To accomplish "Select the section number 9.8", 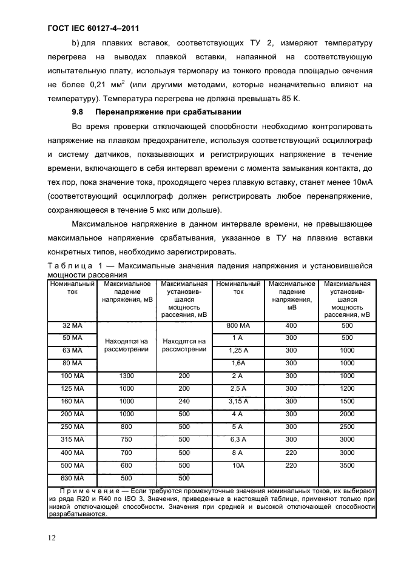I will pos(76,113).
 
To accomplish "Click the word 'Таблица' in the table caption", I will pos(66,266).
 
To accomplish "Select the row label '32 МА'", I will pos(72,325).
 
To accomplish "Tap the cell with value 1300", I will pos(127,376).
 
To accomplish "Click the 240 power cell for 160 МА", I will pos(184,401).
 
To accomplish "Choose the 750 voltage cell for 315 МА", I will pos(127,439).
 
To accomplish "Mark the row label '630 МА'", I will pos(72,477).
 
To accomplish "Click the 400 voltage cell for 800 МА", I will pos(291,325).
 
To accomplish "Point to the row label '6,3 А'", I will pos(238,439).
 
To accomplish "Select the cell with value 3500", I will pos(347,465).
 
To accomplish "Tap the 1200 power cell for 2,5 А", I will pos(347,388).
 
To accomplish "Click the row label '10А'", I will pos(238,465).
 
